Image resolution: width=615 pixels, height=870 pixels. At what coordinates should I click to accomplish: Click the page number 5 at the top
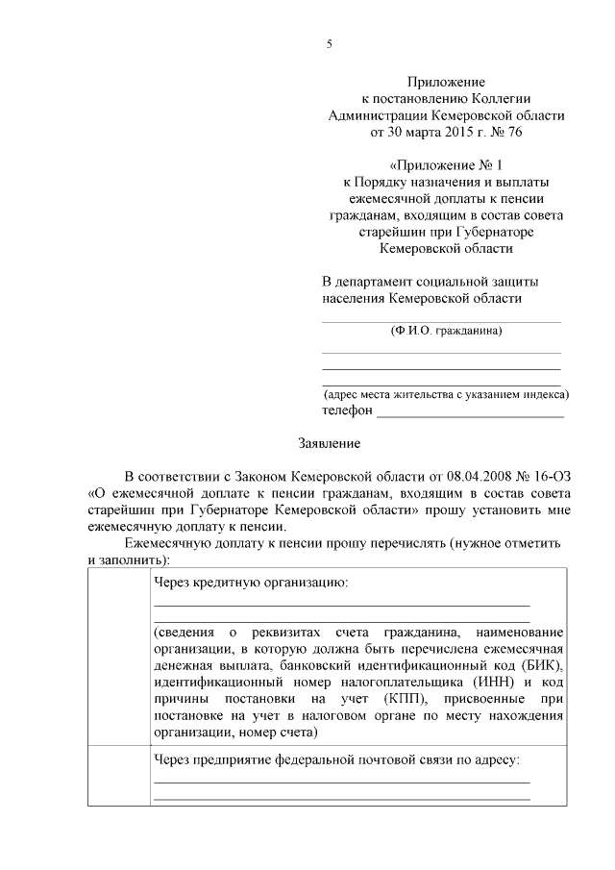pyautogui.click(x=329, y=43)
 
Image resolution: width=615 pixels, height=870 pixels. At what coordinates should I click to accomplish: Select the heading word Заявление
pyautogui.click(x=329, y=444)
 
